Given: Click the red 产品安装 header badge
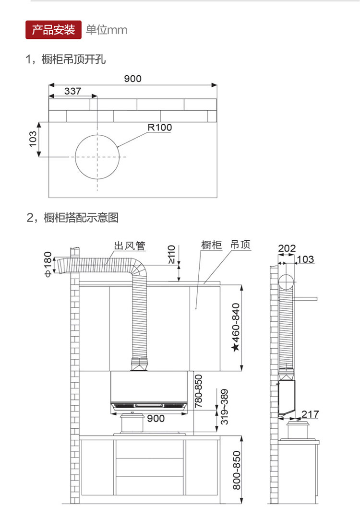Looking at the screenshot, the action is [53, 30].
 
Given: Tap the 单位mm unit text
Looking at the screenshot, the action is [106, 30].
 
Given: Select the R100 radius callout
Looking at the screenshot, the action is [160, 127].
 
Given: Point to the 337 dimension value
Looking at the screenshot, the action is [72, 91].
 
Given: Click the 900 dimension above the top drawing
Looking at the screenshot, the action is [132, 79].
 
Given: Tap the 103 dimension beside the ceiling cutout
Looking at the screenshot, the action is [33, 139].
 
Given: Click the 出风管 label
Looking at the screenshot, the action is [129, 246].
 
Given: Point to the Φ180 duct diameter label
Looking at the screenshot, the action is [48, 265].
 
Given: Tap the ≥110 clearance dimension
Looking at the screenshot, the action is [171, 255].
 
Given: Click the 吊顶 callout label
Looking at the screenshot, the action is [240, 245].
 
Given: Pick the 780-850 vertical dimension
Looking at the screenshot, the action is [198, 391].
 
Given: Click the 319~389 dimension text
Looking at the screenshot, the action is [224, 407].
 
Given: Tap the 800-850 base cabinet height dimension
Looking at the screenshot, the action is [237, 470].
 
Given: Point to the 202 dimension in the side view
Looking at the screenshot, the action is [287, 248].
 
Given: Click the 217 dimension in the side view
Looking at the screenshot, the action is [310, 414].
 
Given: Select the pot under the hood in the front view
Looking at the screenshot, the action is [132, 423].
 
